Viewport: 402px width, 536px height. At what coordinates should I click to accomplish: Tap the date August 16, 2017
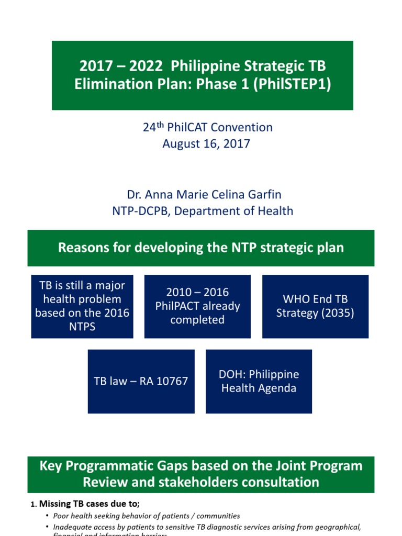pyautogui.click(x=206, y=144)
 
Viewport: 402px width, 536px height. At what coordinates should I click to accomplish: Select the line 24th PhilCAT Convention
pyautogui.click(x=208, y=127)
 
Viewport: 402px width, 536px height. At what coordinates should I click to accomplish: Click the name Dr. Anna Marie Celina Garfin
pyautogui.click(x=204, y=195)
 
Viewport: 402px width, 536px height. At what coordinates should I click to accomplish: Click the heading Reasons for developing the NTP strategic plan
pyautogui.click(x=201, y=248)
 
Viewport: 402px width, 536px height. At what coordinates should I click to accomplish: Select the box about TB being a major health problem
pyautogui.click(x=82, y=306)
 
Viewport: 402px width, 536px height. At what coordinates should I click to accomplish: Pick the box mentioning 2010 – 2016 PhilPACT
pyautogui.click(x=197, y=306)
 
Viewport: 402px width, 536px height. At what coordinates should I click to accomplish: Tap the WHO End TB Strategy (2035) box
pyautogui.click(x=315, y=306)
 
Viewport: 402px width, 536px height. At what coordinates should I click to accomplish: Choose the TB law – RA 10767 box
pyautogui.click(x=141, y=381)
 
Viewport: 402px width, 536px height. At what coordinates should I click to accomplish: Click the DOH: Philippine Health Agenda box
pyautogui.click(x=259, y=381)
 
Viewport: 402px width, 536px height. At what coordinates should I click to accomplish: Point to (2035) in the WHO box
pyautogui.click(x=337, y=313)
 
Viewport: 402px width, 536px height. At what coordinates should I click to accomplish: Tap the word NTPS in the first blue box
pyautogui.click(x=82, y=326)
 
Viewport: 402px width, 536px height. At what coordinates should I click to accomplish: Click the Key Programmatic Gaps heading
pyautogui.click(x=201, y=474)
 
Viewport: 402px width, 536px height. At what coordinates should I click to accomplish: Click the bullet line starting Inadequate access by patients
pyautogui.click(x=207, y=527)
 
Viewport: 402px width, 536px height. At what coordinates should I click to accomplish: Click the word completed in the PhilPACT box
pyautogui.click(x=197, y=319)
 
